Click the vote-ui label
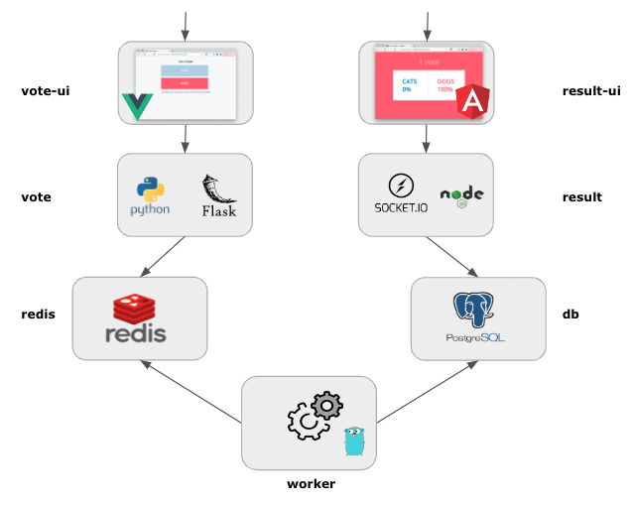coord(45,92)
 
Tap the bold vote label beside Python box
coord(36,197)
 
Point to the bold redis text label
coord(38,314)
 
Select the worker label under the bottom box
coord(311,484)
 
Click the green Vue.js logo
coord(136,106)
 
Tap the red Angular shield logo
coord(473,101)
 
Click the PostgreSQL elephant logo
coord(474,312)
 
